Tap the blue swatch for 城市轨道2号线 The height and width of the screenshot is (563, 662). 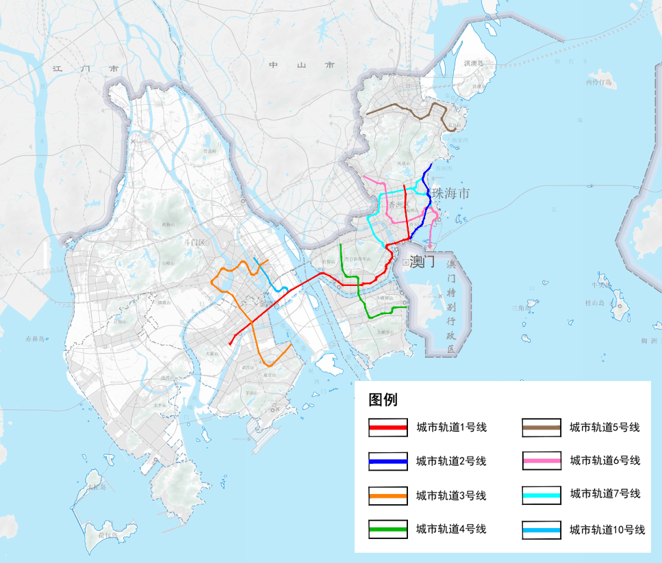coord(388,462)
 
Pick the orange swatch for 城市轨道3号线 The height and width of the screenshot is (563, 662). coord(388,495)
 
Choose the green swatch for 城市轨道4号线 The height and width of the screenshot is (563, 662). coord(388,529)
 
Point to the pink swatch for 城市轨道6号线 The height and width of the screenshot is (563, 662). coord(542,462)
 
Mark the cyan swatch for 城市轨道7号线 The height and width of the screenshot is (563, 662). coord(542,495)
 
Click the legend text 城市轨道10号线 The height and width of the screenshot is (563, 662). coord(607,529)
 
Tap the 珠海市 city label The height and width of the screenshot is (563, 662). coord(451,194)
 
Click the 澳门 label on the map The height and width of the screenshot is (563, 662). coord(422,261)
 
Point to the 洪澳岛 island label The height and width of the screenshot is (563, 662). coord(473,64)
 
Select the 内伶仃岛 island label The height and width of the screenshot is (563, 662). coord(599,82)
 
